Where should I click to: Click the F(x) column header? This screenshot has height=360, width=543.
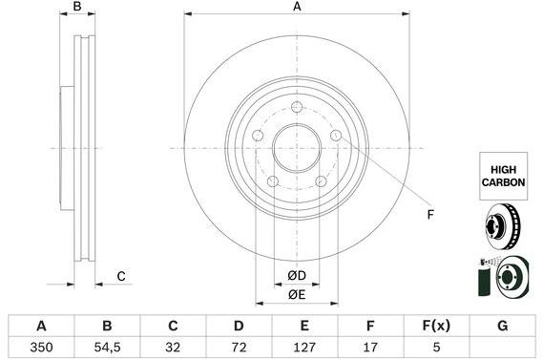pos(434,326)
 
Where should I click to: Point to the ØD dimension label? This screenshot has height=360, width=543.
pos(296,276)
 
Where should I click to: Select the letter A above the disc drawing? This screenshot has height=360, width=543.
pos(297,8)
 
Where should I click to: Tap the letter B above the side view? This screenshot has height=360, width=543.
pos(78,8)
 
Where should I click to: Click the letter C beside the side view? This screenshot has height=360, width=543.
pos(121,277)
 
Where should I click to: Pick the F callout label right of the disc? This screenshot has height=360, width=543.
pos(429,214)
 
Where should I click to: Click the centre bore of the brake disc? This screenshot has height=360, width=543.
pos(296,148)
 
